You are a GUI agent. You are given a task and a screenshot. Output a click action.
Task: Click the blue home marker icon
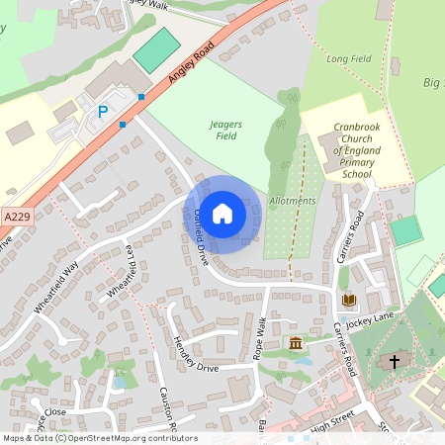click(222, 214)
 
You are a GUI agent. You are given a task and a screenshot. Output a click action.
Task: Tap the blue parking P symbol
click(102, 113)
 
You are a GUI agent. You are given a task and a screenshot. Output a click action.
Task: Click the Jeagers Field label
click(226, 130)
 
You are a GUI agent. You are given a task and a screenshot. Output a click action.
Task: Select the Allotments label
click(292, 201)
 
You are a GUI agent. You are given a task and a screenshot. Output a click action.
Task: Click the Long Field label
click(349, 59)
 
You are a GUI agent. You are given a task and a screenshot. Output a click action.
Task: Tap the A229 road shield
click(16, 216)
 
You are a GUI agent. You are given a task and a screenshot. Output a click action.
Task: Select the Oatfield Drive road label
click(201, 237)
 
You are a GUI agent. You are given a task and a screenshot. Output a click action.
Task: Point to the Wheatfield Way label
click(55, 288)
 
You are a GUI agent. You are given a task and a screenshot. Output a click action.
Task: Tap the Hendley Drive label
click(195, 353)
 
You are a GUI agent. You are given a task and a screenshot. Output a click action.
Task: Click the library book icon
click(347, 299)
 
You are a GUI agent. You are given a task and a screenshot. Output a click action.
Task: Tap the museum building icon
click(296, 343)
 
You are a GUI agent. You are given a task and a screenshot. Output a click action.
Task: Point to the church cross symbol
click(395, 362)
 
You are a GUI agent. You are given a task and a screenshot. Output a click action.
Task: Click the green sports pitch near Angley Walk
click(155, 50)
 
